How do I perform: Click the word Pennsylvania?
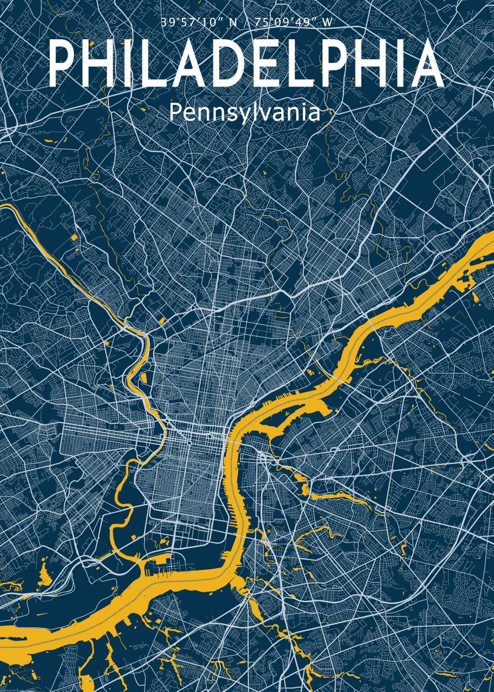(244, 112)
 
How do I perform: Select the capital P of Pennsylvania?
(175, 112)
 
